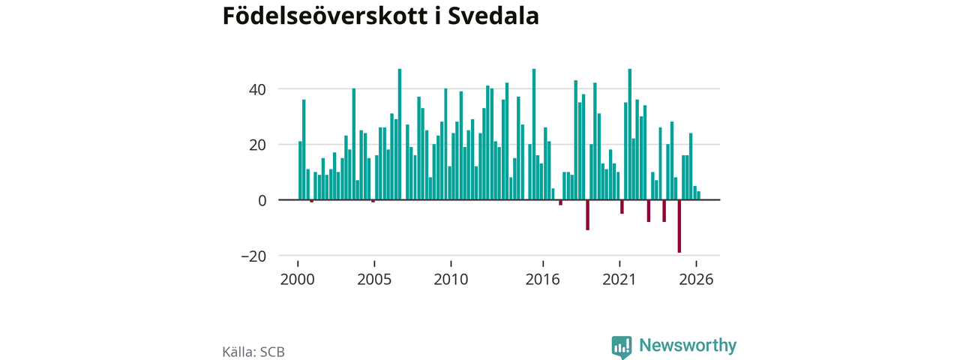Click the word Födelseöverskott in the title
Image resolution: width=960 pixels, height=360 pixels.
(325, 16)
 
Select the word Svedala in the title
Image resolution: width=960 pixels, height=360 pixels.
(493, 16)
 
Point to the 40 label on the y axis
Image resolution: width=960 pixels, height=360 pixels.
(257, 89)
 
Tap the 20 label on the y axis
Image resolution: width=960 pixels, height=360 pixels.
(257, 145)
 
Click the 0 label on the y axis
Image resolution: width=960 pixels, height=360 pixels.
(262, 200)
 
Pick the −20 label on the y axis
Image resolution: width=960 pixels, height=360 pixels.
(253, 256)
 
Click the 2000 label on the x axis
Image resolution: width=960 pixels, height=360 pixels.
(298, 280)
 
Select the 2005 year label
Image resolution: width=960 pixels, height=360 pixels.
(374, 280)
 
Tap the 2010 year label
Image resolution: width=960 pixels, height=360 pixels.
(451, 280)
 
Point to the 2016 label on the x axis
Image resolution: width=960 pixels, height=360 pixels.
(542, 280)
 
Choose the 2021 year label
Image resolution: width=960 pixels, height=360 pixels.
(619, 280)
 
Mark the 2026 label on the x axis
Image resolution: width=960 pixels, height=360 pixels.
(696, 280)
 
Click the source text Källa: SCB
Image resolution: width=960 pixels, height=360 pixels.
(253, 352)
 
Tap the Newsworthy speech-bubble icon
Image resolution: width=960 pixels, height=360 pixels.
(622, 346)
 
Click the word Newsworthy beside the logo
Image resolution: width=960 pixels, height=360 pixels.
(688, 345)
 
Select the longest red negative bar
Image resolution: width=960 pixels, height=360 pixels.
(679, 226)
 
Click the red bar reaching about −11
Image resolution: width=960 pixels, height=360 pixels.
(587, 215)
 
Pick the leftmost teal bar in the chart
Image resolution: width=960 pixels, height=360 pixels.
(300, 170)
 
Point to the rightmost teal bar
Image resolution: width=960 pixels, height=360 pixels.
(698, 196)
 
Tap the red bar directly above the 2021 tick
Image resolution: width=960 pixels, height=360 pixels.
(622, 207)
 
